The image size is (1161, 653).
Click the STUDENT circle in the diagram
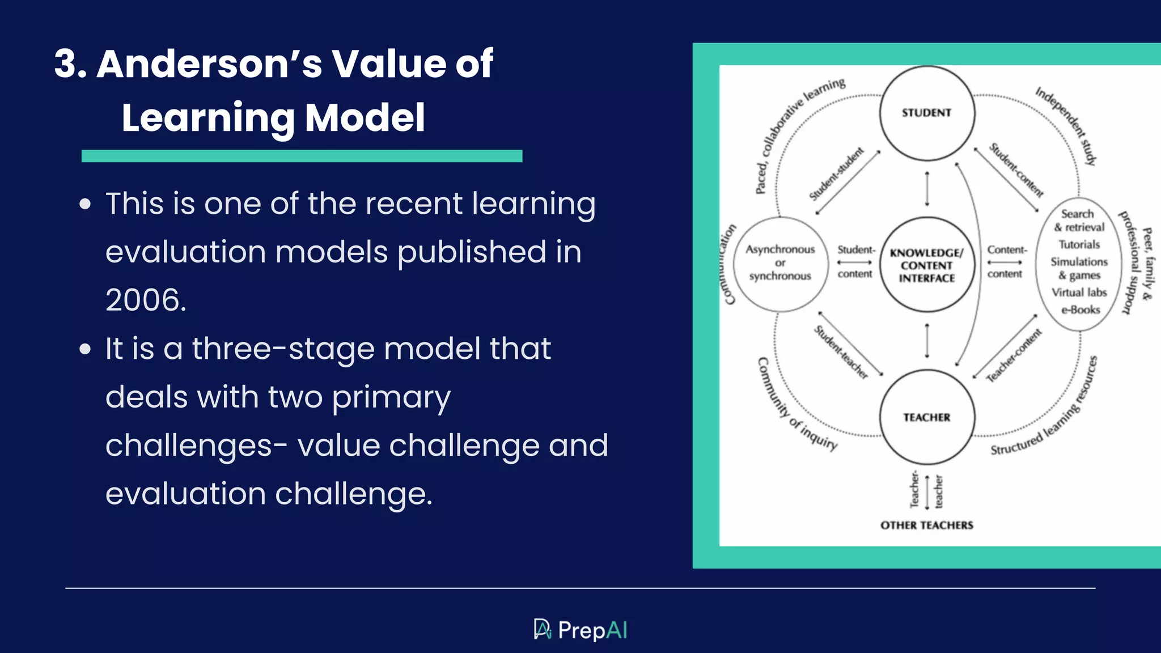coord(927,113)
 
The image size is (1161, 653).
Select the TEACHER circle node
coord(927,417)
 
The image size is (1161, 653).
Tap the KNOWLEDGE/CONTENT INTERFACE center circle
coord(927,265)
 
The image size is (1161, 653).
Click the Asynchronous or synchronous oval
coord(780,263)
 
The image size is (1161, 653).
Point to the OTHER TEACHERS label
coord(927,525)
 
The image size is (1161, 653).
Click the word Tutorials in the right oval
coord(1079,245)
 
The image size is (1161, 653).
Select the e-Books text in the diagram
coord(1081,310)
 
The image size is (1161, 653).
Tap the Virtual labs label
coord(1079,292)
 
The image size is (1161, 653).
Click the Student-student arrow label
coord(837,174)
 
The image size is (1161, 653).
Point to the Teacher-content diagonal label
coord(1014,355)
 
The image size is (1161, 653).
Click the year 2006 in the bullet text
coord(146,300)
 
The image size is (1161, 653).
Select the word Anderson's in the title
coord(209,63)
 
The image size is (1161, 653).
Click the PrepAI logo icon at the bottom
coord(543,629)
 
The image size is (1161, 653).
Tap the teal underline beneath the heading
coord(302,156)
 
